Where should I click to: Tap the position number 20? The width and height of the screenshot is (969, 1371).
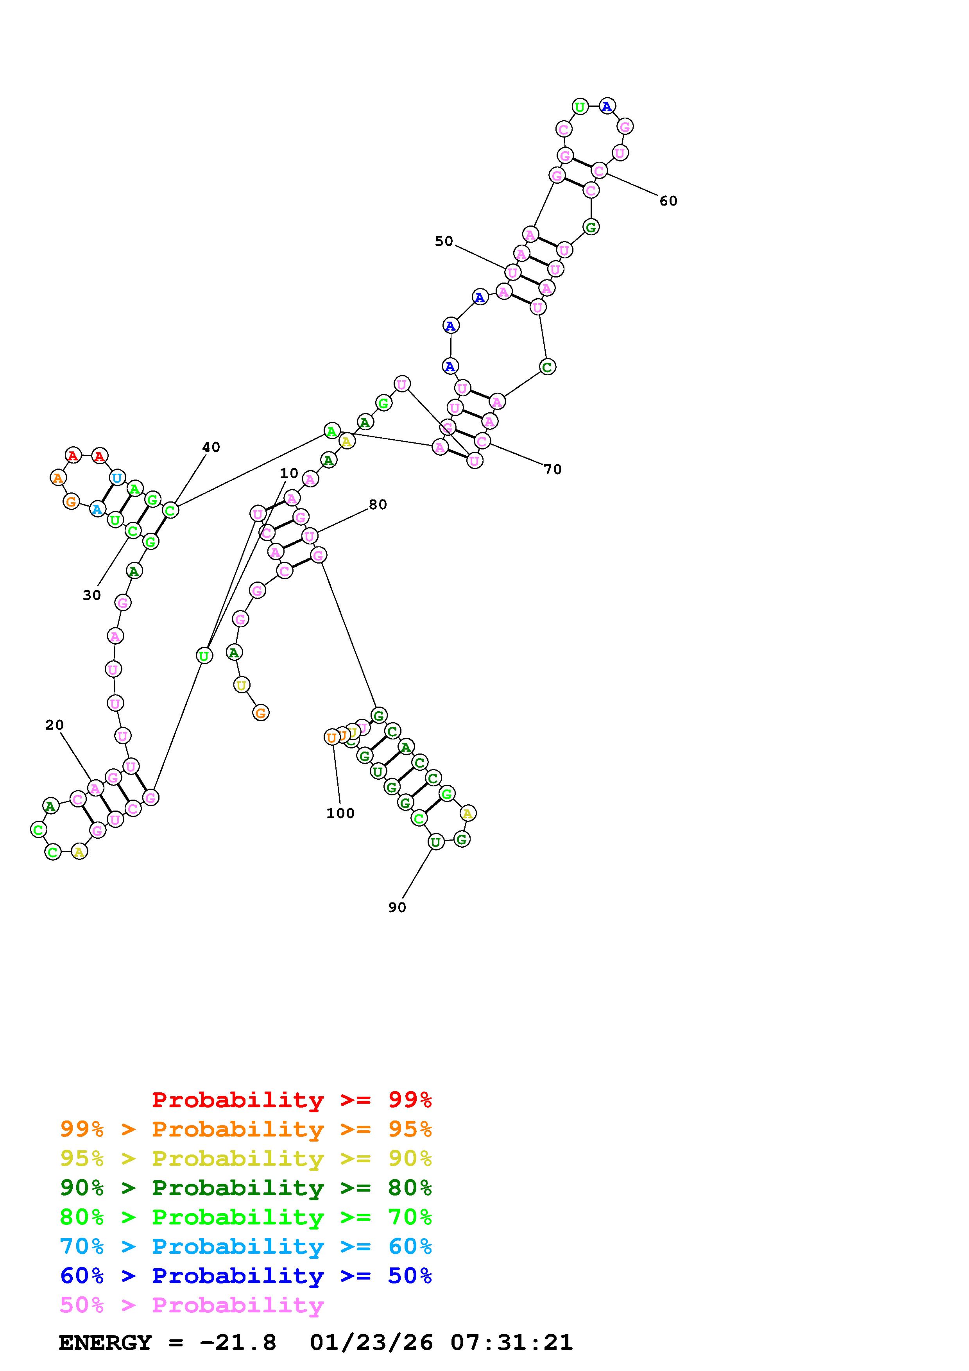tap(54, 725)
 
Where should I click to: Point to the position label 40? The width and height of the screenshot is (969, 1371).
tap(211, 447)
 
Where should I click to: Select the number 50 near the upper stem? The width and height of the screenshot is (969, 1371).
tap(444, 241)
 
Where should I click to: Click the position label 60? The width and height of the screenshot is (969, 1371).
tap(668, 201)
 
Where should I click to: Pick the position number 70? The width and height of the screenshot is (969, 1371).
tap(553, 470)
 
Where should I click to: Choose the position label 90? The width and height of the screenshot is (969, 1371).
tap(397, 907)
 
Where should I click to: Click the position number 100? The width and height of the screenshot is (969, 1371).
tap(340, 813)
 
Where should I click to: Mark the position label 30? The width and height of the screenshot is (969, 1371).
tap(92, 595)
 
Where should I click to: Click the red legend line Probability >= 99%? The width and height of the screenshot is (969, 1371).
tap(291, 1100)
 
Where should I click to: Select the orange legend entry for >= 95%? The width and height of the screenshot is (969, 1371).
tap(246, 1129)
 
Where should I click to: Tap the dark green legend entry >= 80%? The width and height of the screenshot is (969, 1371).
tap(246, 1188)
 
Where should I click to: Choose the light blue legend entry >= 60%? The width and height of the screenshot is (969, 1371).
tap(246, 1246)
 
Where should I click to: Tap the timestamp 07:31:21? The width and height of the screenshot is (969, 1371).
tap(512, 1342)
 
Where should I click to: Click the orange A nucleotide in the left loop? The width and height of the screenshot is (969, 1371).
tap(58, 478)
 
